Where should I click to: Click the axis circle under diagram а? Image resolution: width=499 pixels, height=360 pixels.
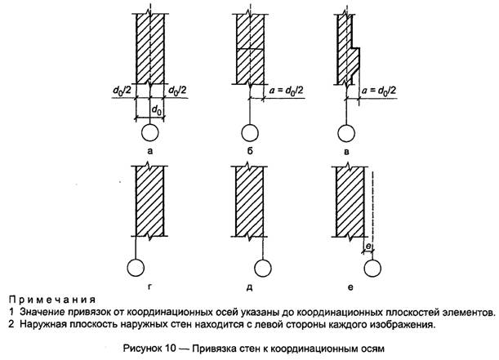(x=150, y=133)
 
